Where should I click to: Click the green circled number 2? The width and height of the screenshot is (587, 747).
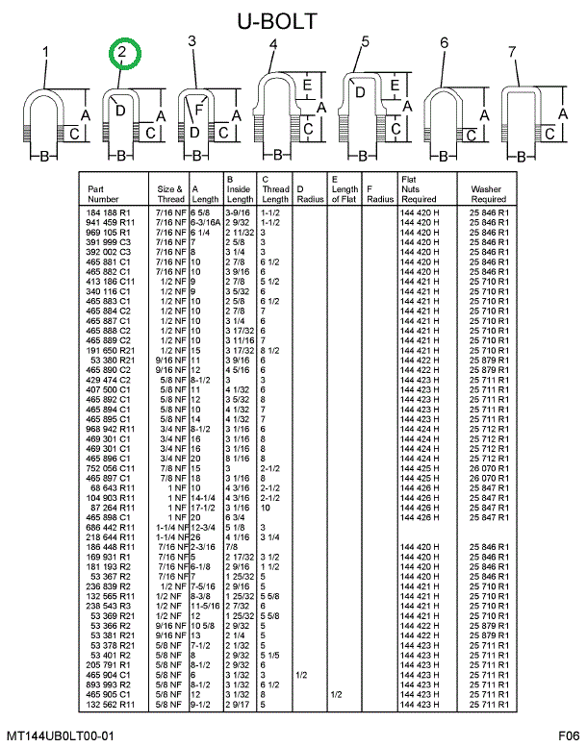coord(123,56)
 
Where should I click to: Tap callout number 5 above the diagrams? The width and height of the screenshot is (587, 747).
coord(366,41)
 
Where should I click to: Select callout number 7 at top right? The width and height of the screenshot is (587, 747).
coord(512,52)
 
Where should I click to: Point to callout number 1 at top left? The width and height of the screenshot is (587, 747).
coord(45,52)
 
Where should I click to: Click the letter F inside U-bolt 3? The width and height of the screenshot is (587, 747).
coord(199,110)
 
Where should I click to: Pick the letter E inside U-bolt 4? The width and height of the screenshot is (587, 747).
coord(305,86)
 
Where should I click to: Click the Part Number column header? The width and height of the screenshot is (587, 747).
coord(103,194)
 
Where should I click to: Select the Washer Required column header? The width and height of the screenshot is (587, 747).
coord(488,194)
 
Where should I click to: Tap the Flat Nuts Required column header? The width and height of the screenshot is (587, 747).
coord(420,189)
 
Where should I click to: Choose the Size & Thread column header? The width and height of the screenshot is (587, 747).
coord(165,194)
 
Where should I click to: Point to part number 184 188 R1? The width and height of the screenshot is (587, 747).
coord(108,212)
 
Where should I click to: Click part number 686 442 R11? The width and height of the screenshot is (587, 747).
coord(108,528)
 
